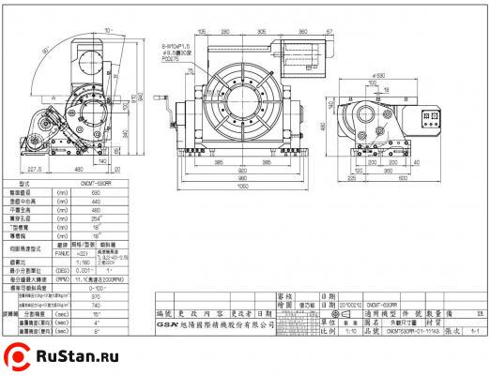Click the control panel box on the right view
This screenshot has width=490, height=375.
pos(435,117)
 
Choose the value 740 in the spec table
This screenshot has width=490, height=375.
pos(96,305)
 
